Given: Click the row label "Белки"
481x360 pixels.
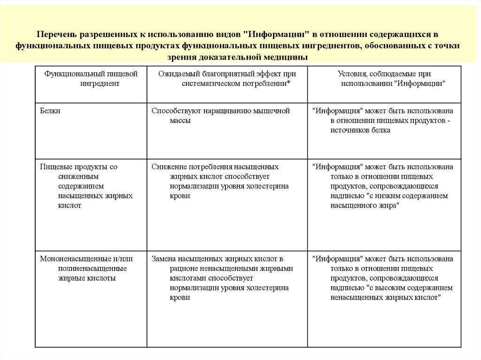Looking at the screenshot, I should coord(50,111).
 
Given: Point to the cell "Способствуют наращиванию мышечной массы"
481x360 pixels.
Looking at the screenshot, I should coord(220,116).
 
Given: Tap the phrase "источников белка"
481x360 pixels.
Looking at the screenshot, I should coord(360,130).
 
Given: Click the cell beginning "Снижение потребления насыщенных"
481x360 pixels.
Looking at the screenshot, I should coord(220,181).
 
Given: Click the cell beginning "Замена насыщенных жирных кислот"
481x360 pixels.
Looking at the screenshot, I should coord(222,278).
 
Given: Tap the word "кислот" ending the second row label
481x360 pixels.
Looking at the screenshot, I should coord(70,206).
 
